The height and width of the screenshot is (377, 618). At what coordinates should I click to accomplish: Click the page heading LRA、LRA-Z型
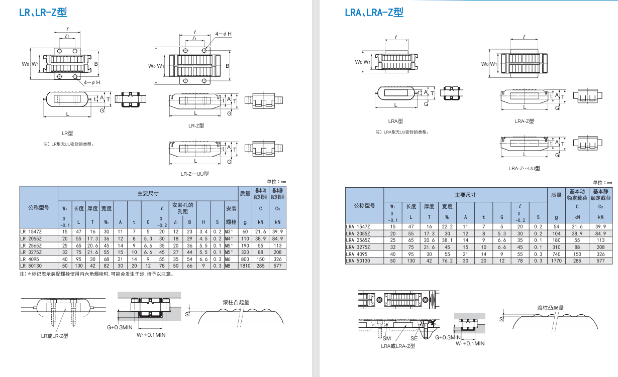pos(374,13)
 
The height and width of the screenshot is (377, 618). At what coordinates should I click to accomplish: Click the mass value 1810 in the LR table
pos(245,266)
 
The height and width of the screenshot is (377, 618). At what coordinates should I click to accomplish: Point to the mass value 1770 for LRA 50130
pos(556,261)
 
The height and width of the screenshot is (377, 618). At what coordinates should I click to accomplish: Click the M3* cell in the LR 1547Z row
pos(229,231)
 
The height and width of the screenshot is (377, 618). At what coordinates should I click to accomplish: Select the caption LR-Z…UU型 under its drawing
pos(194,174)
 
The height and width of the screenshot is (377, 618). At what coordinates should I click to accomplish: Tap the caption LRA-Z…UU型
pos(524,169)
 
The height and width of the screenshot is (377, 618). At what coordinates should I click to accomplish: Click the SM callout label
pos(386,338)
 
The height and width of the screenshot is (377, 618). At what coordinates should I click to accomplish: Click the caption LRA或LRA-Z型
pos(398,346)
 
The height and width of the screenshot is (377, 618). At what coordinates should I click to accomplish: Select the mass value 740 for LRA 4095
pos(556,255)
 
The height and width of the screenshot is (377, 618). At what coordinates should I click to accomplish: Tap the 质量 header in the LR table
pos(245,193)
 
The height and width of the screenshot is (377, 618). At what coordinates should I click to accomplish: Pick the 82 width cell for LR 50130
pos(106,266)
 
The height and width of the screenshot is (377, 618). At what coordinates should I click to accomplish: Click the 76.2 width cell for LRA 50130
pos(447,261)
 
